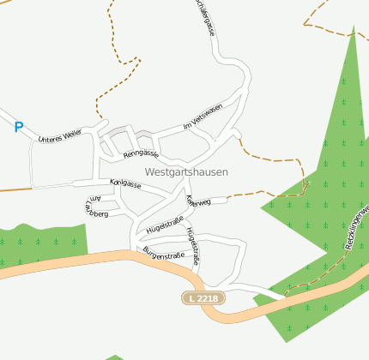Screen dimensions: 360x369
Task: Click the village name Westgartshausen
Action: pos(186,171)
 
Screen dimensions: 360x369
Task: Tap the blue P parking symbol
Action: pos(18,128)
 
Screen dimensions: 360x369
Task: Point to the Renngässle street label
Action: pos(142,154)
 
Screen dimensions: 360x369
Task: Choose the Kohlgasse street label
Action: pos(125,183)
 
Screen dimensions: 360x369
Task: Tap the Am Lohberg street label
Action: pos(94,206)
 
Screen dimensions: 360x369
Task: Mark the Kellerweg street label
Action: pos(197,202)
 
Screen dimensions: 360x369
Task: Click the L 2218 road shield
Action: pos(201,297)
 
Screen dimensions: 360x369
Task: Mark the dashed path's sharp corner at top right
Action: pos(306,25)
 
